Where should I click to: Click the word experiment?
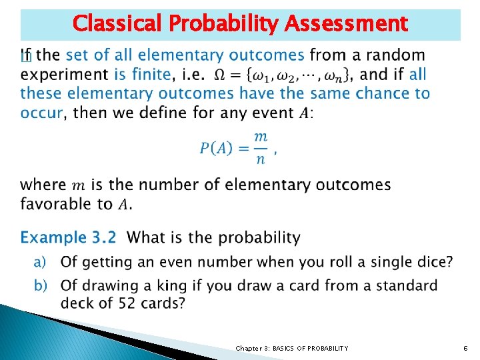65,75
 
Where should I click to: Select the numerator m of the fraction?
261,137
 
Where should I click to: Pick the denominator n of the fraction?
261,159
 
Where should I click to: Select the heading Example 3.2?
68,237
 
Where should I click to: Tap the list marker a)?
41,262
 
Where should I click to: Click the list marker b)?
41,286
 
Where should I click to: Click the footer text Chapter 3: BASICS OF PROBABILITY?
291,348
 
